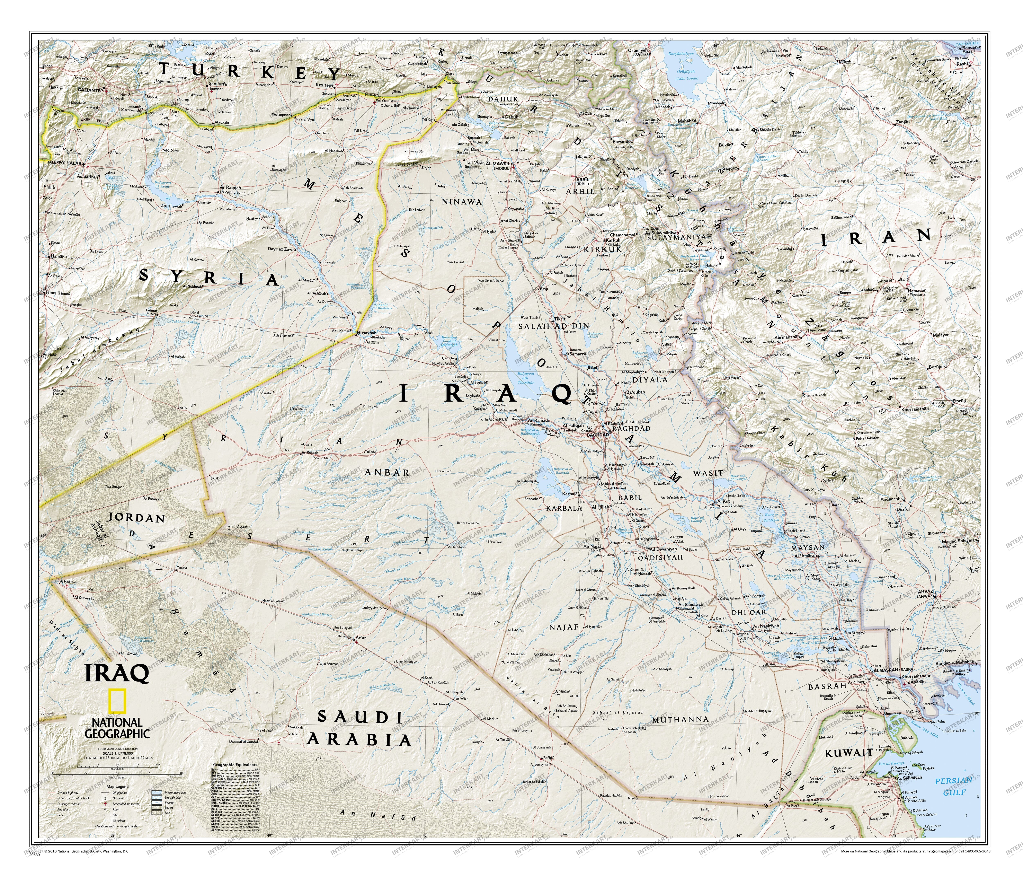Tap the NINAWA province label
click(x=462, y=201)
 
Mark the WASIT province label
click(x=708, y=473)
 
